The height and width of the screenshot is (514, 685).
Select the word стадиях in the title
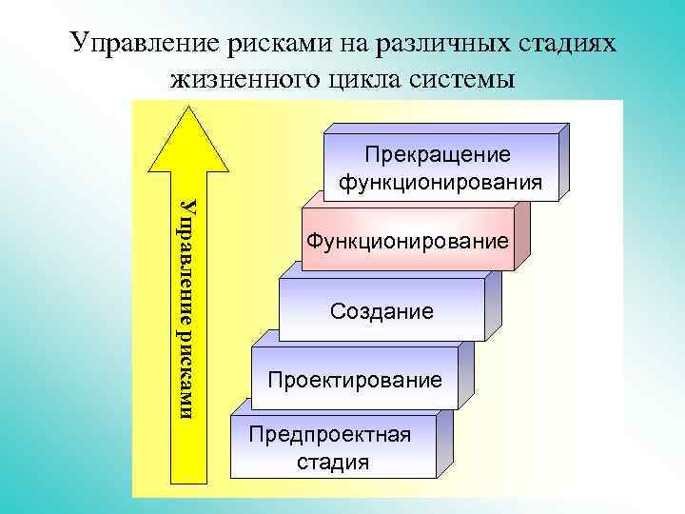pos(568,44)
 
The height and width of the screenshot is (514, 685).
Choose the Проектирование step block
pos(354,381)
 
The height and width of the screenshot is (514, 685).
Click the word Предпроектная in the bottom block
pos(329,435)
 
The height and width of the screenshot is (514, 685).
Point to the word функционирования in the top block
pos(440,181)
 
